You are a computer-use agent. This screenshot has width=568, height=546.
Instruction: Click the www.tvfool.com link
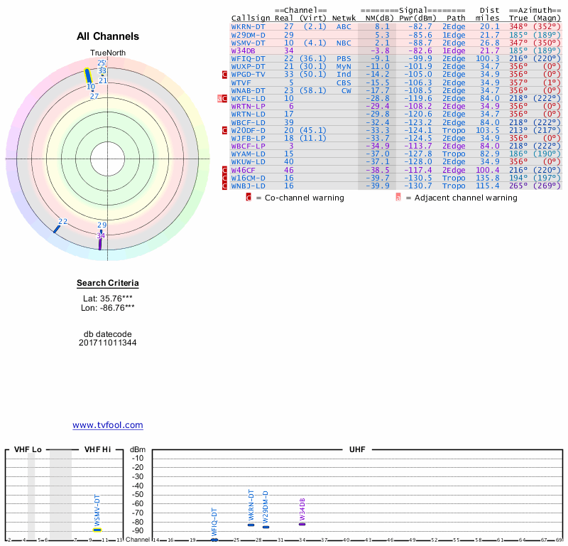(108, 425)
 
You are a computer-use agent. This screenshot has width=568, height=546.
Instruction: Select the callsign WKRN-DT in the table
(248, 27)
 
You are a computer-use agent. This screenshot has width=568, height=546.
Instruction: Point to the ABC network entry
(344, 27)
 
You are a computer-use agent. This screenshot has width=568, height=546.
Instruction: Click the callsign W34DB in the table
(243, 50)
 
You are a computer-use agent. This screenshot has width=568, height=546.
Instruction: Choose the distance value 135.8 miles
(488, 178)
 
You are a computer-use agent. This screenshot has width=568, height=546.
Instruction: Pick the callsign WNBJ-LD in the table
(248, 186)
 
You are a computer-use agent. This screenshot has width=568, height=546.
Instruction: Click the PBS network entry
(344, 58)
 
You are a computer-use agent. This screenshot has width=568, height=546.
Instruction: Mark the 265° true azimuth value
(518, 186)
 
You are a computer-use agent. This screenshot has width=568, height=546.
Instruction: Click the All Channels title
(108, 36)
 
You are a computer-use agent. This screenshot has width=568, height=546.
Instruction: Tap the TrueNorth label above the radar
(108, 53)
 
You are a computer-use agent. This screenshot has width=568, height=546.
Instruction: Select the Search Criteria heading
(108, 284)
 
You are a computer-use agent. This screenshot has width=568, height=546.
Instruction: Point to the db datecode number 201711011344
(108, 343)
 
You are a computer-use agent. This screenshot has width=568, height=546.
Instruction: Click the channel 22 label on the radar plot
(62, 222)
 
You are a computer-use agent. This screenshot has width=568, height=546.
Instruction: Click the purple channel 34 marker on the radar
(100, 242)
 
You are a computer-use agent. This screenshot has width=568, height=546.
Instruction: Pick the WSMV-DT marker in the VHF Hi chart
(97, 530)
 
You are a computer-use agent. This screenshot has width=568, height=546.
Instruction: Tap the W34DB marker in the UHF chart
(302, 524)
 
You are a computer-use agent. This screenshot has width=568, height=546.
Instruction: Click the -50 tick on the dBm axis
(138, 495)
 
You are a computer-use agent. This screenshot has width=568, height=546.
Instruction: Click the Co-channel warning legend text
(304, 198)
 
